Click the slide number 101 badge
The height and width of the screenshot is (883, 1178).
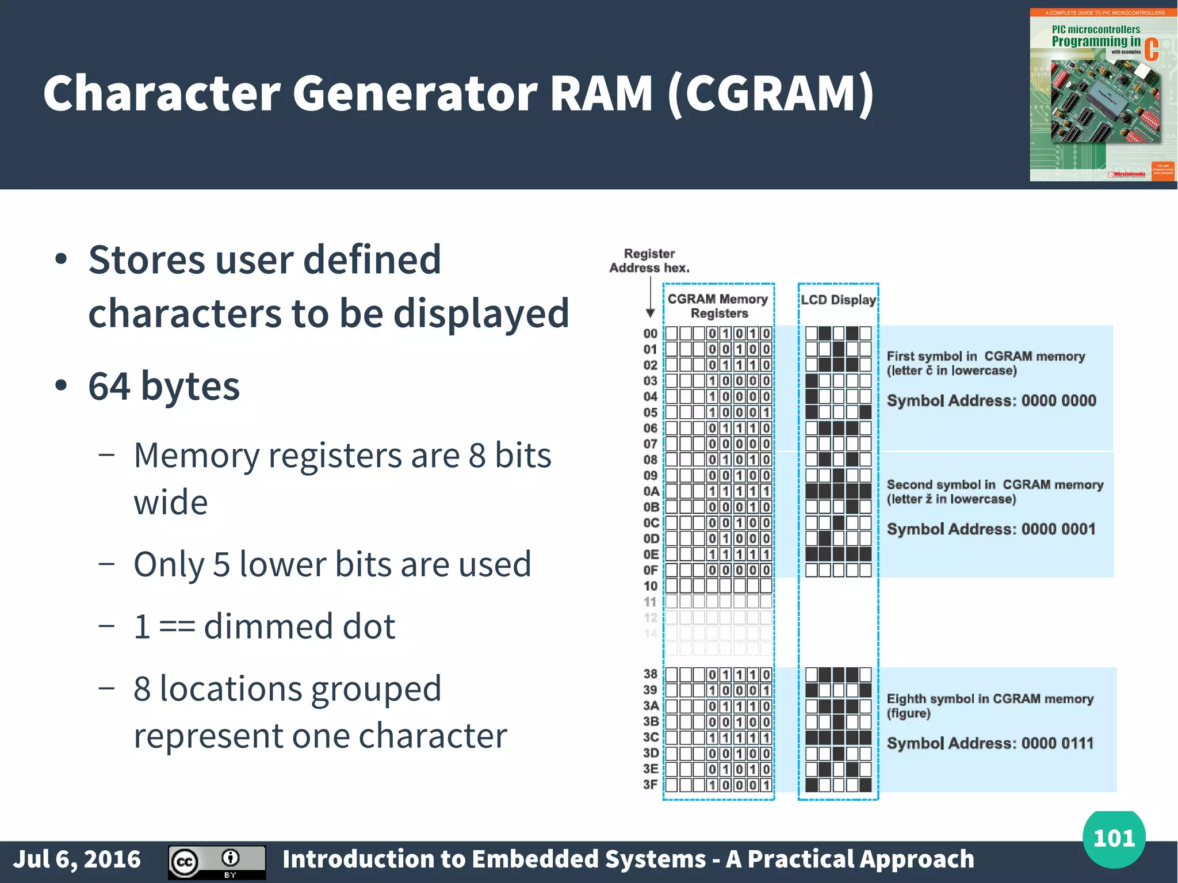coord(1114,839)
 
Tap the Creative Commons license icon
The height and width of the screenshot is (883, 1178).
coord(216,862)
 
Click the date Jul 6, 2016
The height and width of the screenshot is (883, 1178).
coord(77,859)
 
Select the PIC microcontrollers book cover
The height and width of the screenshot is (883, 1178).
coord(1103,95)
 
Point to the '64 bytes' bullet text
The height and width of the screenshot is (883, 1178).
coord(164,386)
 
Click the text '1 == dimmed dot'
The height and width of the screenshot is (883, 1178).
coord(265,626)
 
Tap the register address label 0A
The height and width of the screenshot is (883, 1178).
coord(651,491)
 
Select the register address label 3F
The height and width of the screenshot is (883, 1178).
coord(651,785)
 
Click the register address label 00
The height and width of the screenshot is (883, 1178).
coord(650,334)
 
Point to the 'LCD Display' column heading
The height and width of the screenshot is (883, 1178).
coord(838,300)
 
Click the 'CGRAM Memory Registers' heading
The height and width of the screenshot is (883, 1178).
coord(718,306)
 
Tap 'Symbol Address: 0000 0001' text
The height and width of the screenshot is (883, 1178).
coord(991,529)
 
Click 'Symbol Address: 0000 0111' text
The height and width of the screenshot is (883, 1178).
coord(990,743)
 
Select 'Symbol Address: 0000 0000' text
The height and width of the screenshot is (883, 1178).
coord(991,400)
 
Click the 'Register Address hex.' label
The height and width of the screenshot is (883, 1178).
coord(649,261)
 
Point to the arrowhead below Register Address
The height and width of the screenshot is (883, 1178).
coord(651,314)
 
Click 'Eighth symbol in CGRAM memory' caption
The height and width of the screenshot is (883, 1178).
coord(990,699)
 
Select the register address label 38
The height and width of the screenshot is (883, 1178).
coord(651,674)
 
